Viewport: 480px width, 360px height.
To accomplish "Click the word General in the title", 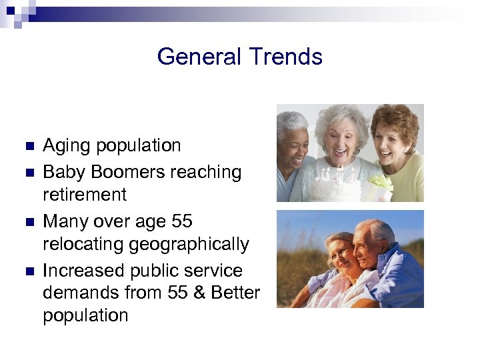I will (196, 57).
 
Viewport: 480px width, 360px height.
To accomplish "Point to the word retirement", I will (85, 195).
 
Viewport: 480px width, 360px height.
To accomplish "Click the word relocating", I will (85, 245).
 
